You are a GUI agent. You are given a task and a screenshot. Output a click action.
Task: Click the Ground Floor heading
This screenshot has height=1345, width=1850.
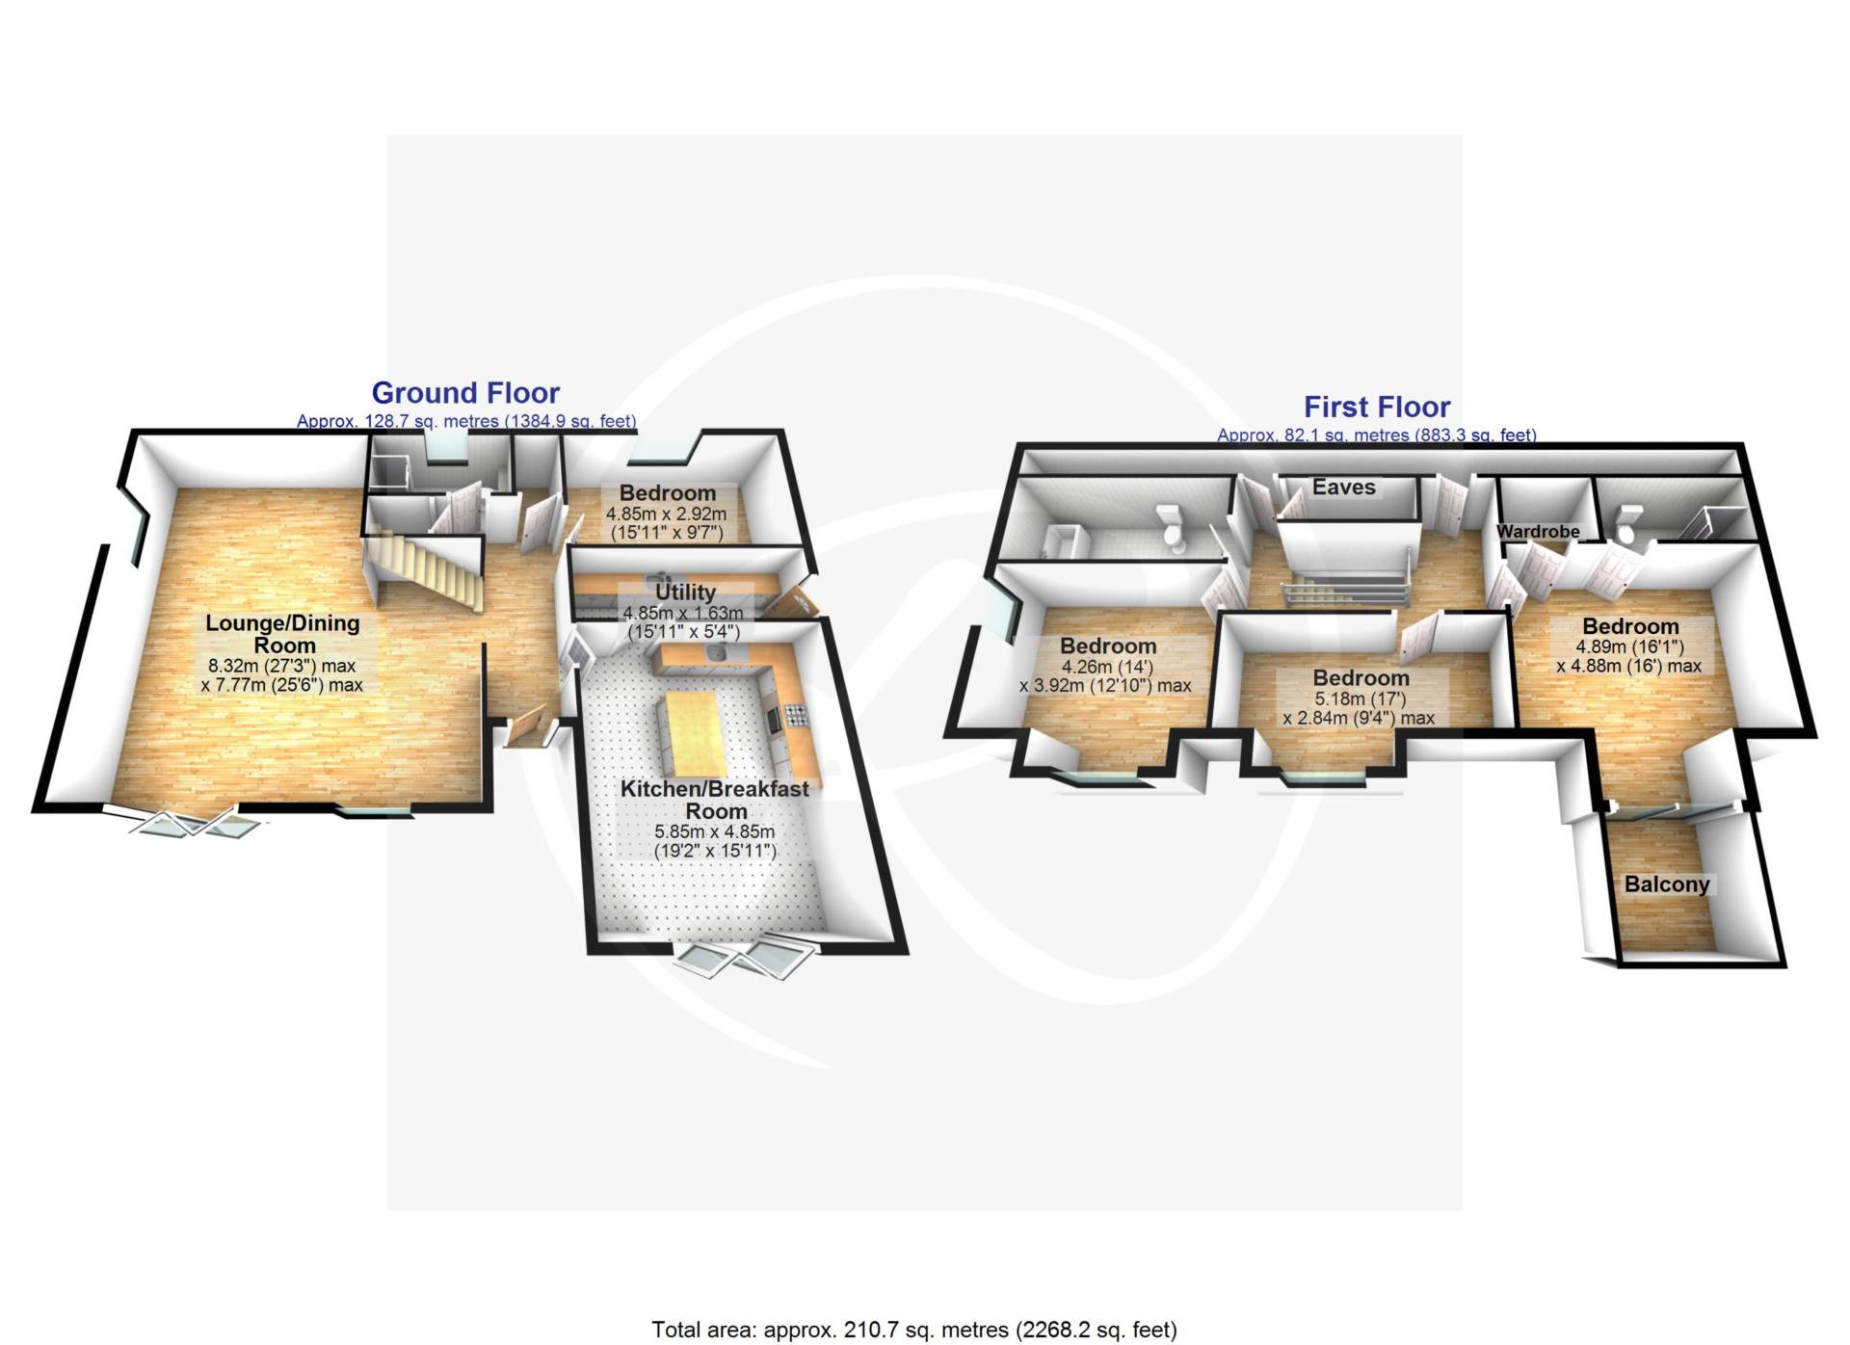pos(465,393)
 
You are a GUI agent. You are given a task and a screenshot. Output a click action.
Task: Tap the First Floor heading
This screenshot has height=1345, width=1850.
pos(1376,407)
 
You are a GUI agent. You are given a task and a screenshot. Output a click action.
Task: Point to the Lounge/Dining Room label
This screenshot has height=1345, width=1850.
pos(282,634)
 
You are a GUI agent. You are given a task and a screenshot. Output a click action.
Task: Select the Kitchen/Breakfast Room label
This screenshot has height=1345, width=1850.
pos(715,800)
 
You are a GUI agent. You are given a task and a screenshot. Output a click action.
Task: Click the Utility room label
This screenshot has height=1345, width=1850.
pos(685,592)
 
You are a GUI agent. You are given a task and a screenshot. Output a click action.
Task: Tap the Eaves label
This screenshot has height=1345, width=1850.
pos(1343,488)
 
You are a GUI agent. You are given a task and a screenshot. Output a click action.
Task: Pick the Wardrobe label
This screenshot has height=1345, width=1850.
pos(1538,531)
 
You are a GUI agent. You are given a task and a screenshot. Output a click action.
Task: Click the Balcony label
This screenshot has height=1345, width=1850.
pos(1666,884)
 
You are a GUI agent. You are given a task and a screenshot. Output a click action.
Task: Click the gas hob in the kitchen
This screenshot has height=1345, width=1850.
pos(796,715)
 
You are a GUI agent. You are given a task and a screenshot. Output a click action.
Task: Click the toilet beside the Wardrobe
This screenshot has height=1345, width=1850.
pos(1627,524)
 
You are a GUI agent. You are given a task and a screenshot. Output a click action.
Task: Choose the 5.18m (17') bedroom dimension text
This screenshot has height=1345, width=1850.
pos(1360,699)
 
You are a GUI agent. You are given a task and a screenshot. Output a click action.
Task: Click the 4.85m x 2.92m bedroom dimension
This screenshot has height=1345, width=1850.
pos(666,514)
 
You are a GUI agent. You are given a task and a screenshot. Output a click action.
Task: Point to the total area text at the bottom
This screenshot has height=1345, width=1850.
pos(913,1330)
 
